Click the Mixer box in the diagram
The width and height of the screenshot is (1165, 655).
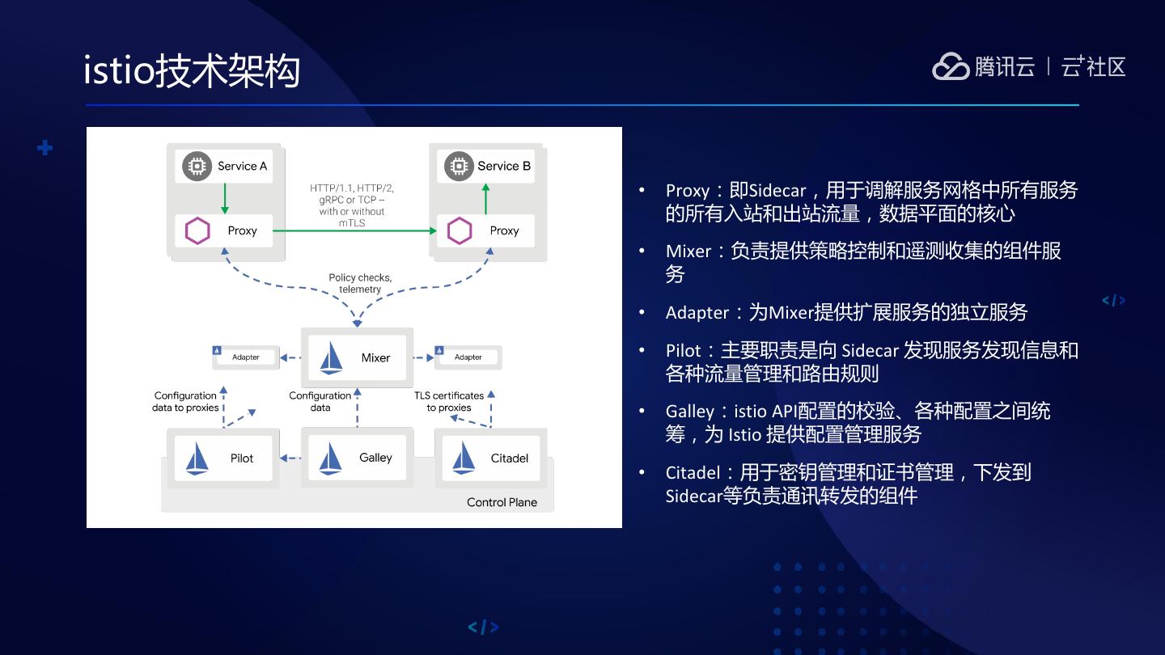[x=357, y=357]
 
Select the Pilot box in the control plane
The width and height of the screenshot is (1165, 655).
[x=222, y=458]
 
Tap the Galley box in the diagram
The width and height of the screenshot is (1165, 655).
[x=357, y=458]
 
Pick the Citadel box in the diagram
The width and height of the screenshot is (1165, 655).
[x=491, y=458]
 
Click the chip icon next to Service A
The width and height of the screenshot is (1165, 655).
[x=196, y=166]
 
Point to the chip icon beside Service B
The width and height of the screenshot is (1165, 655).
[x=459, y=166]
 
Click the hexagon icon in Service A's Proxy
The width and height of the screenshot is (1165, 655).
[x=197, y=230]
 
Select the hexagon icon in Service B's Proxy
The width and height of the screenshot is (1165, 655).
[x=460, y=230]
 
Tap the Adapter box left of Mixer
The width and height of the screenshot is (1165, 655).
[x=244, y=357]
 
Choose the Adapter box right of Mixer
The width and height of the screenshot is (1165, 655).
[x=468, y=357]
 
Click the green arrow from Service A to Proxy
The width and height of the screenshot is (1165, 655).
[x=225, y=198]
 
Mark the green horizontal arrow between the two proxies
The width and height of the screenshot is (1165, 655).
[x=354, y=230]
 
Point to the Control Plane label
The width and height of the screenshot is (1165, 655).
[x=502, y=502]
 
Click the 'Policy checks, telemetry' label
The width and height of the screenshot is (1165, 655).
[x=360, y=283]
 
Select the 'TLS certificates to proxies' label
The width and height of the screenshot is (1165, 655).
[x=449, y=401]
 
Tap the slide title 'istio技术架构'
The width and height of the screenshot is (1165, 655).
[x=192, y=71]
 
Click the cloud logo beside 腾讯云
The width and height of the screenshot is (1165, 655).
[x=951, y=66]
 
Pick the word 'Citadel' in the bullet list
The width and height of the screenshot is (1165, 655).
[x=693, y=472]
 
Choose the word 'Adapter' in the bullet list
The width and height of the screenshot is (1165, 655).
[x=697, y=313]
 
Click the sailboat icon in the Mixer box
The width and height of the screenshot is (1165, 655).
[x=332, y=357]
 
